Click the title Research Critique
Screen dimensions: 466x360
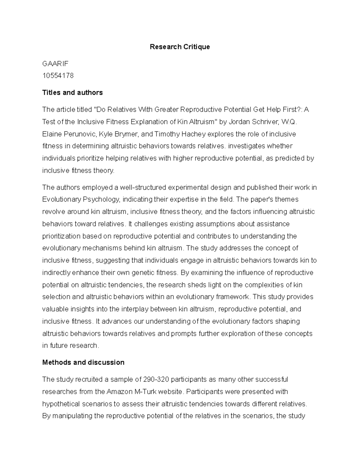pos(180,47)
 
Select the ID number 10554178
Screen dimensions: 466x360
pos(58,76)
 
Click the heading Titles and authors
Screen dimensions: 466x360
pos(72,92)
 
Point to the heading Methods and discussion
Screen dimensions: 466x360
pos(83,362)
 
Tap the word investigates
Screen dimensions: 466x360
pos(245,146)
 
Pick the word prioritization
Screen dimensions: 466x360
pos(61,236)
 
